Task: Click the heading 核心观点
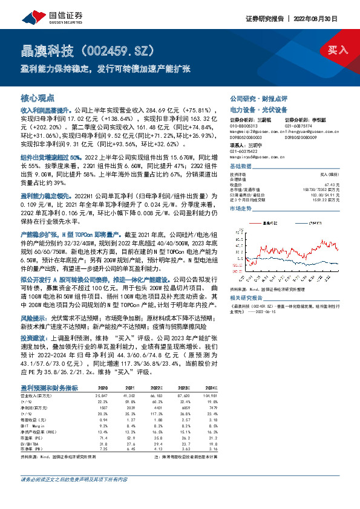[x=38, y=97]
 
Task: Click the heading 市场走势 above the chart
[x=240, y=208]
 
